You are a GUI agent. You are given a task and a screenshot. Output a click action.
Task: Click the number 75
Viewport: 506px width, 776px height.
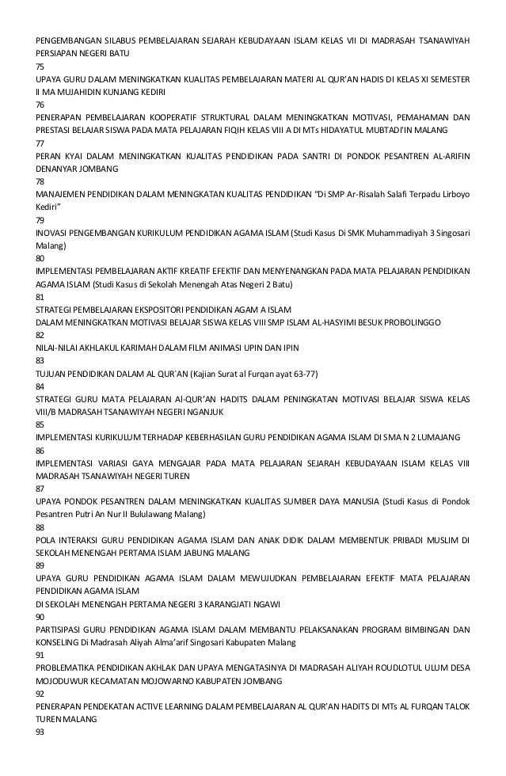click(x=40, y=67)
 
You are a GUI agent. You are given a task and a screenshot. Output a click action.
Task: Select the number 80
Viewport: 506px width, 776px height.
click(x=40, y=258)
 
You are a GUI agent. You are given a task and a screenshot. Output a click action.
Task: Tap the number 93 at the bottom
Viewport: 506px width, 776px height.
click(x=40, y=732)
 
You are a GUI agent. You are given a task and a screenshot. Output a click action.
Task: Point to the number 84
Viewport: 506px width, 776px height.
click(x=40, y=386)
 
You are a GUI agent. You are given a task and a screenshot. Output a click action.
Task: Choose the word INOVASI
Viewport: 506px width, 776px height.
click(x=56, y=233)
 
